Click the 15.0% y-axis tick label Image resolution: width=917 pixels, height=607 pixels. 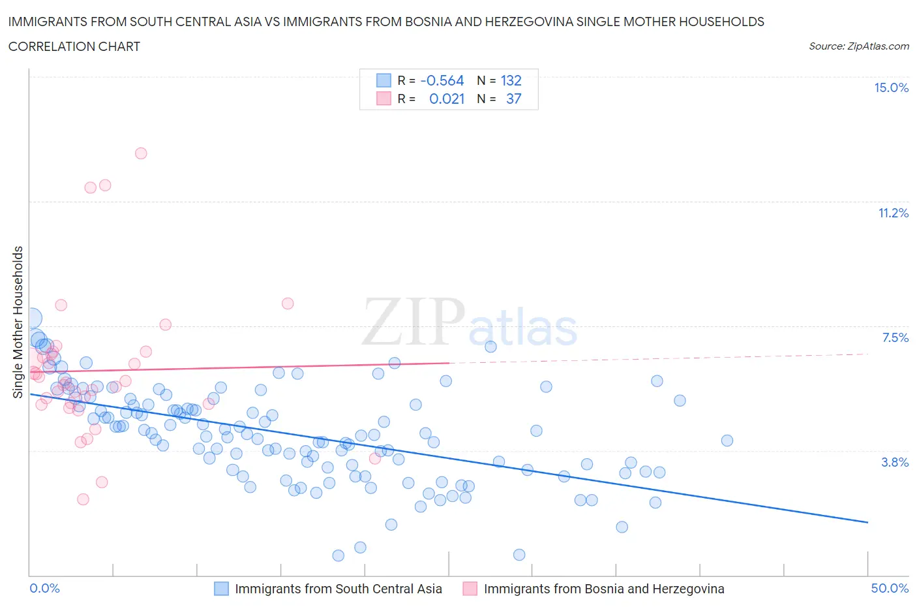(891, 88)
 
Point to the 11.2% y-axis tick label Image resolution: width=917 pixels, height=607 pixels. (893, 213)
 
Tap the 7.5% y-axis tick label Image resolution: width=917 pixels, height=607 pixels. (895, 337)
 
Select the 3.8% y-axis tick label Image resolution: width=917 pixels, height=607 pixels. (895, 462)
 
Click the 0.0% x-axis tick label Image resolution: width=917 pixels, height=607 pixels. (44, 588)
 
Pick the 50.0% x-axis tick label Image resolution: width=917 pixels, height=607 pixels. (890, 588)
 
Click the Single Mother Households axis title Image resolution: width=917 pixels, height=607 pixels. (18, 322)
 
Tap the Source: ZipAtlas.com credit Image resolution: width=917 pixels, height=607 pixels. (858, 46)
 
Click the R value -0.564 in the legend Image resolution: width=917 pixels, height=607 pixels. (442, 81)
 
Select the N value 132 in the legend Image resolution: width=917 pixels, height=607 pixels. (511, 81)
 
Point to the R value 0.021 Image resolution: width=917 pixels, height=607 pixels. (447, 99)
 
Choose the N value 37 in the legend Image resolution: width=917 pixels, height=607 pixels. (514, 99)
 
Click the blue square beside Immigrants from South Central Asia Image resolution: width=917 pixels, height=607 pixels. (222, 589)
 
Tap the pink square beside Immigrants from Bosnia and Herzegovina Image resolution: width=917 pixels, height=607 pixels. (470, 589)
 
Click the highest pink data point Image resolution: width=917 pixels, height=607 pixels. (141, 153)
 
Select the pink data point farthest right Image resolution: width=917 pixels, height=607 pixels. (375, 458)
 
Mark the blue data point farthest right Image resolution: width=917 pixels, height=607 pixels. (727, 441)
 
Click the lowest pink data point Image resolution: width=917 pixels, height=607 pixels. (83, 499)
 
